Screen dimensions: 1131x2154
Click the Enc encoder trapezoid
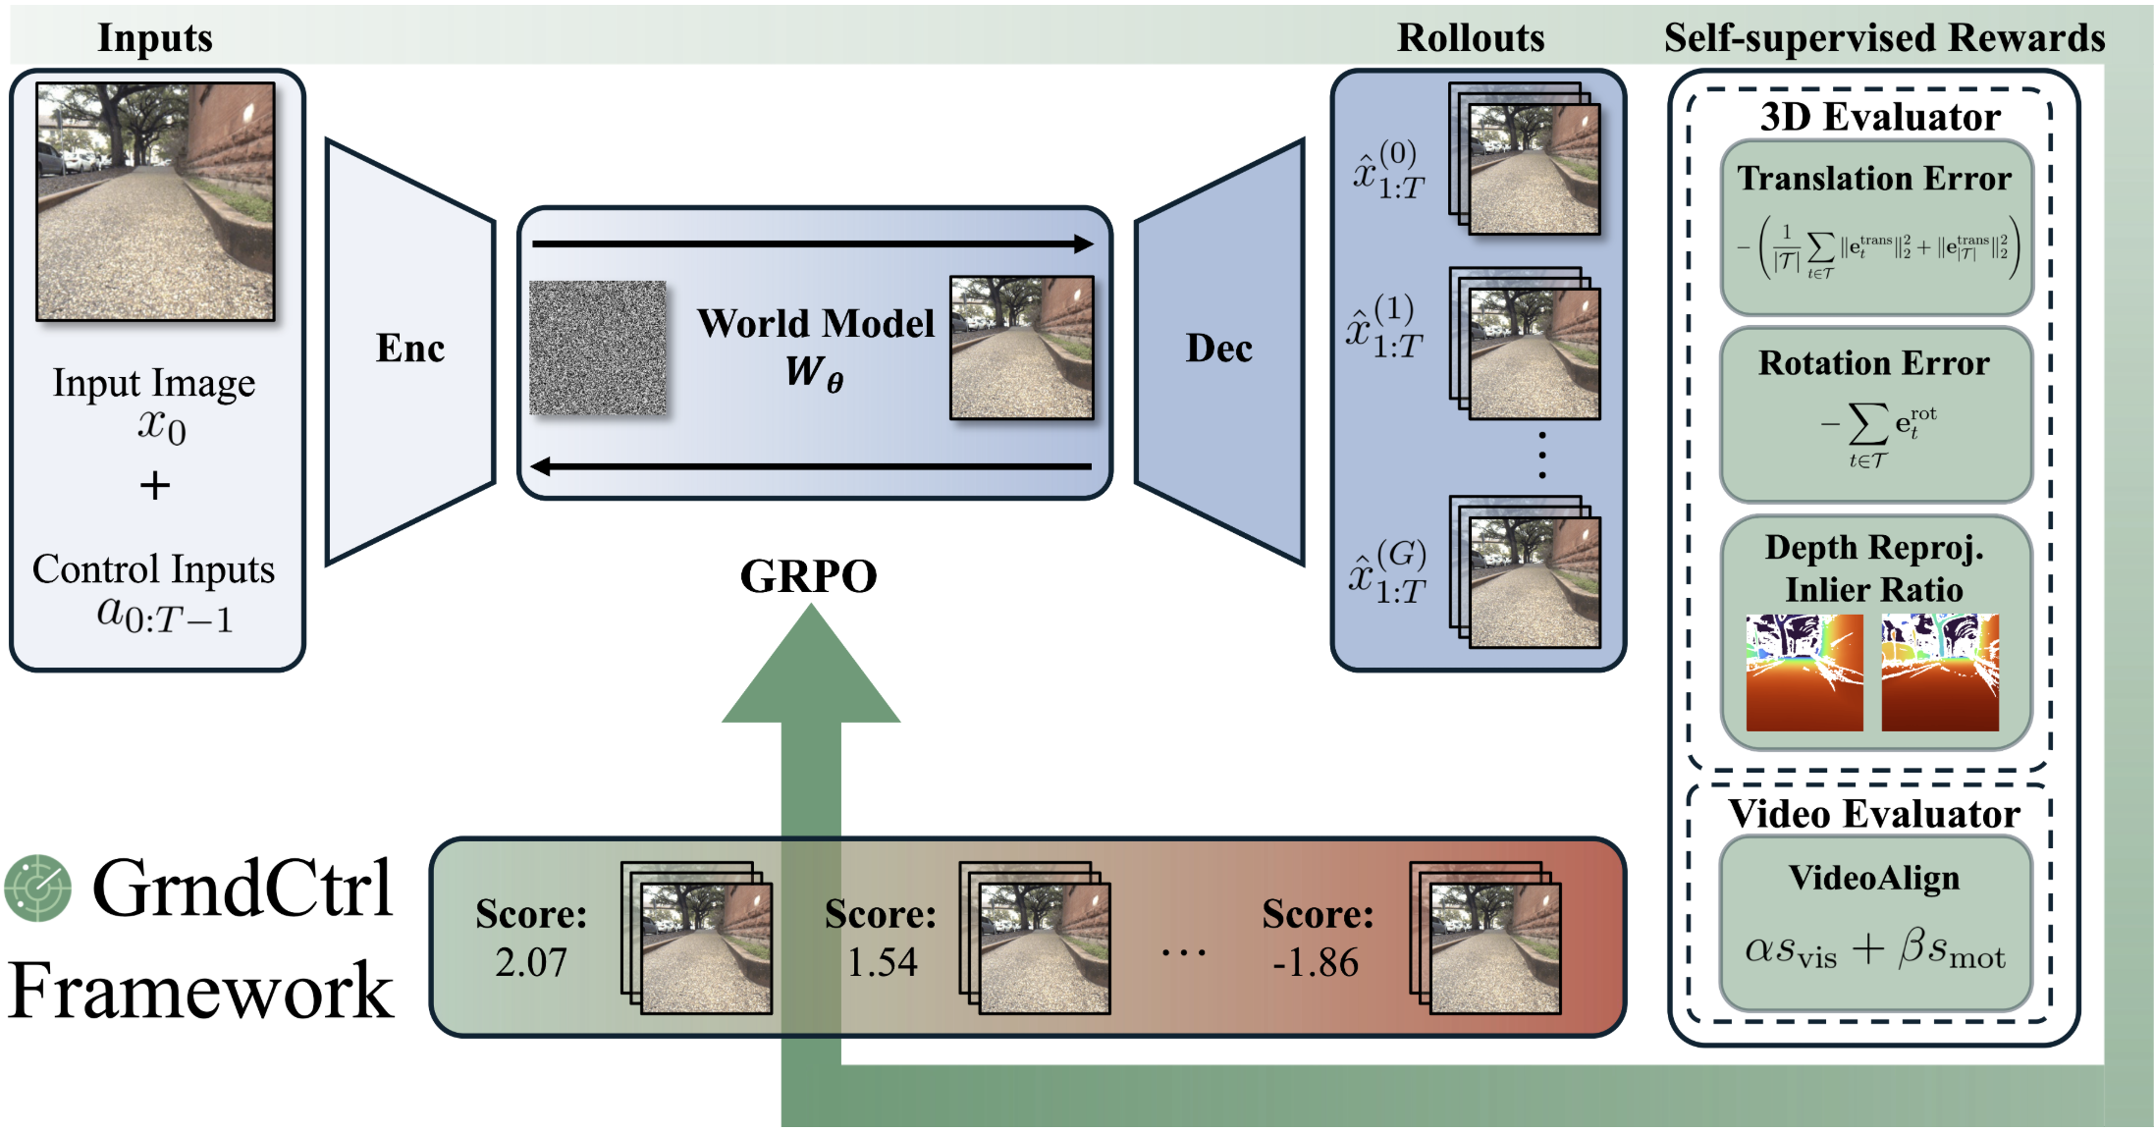pos(409,350)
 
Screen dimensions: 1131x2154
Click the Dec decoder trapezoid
pos(1219,350)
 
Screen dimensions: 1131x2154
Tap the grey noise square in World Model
pos(597,349)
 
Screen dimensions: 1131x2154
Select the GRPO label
pos(808,576)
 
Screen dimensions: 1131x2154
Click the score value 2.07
pos(531,962)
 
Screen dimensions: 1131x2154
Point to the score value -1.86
pos(1316,963)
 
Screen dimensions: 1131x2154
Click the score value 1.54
pos(882,962)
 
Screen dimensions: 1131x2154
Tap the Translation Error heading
pos(1874,179)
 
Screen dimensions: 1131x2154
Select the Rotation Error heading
pos(1873,363)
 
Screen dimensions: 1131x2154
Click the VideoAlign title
pos(1873,878)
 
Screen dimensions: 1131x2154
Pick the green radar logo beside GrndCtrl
pos(38,888)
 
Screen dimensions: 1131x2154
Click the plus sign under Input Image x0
pos(154,486)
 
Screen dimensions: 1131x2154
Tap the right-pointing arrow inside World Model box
pos(812,243)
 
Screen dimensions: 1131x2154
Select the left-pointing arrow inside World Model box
pos(812,466)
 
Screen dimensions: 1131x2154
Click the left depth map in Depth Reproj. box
pos(1804,673)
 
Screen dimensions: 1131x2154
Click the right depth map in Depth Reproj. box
pos(1940,673)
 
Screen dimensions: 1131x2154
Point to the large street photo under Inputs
pos(155,201)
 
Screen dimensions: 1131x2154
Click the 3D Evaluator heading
pos(1879,118)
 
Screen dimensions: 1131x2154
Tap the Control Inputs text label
pos(154,569)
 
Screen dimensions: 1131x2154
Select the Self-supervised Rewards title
pos(1884,38)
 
